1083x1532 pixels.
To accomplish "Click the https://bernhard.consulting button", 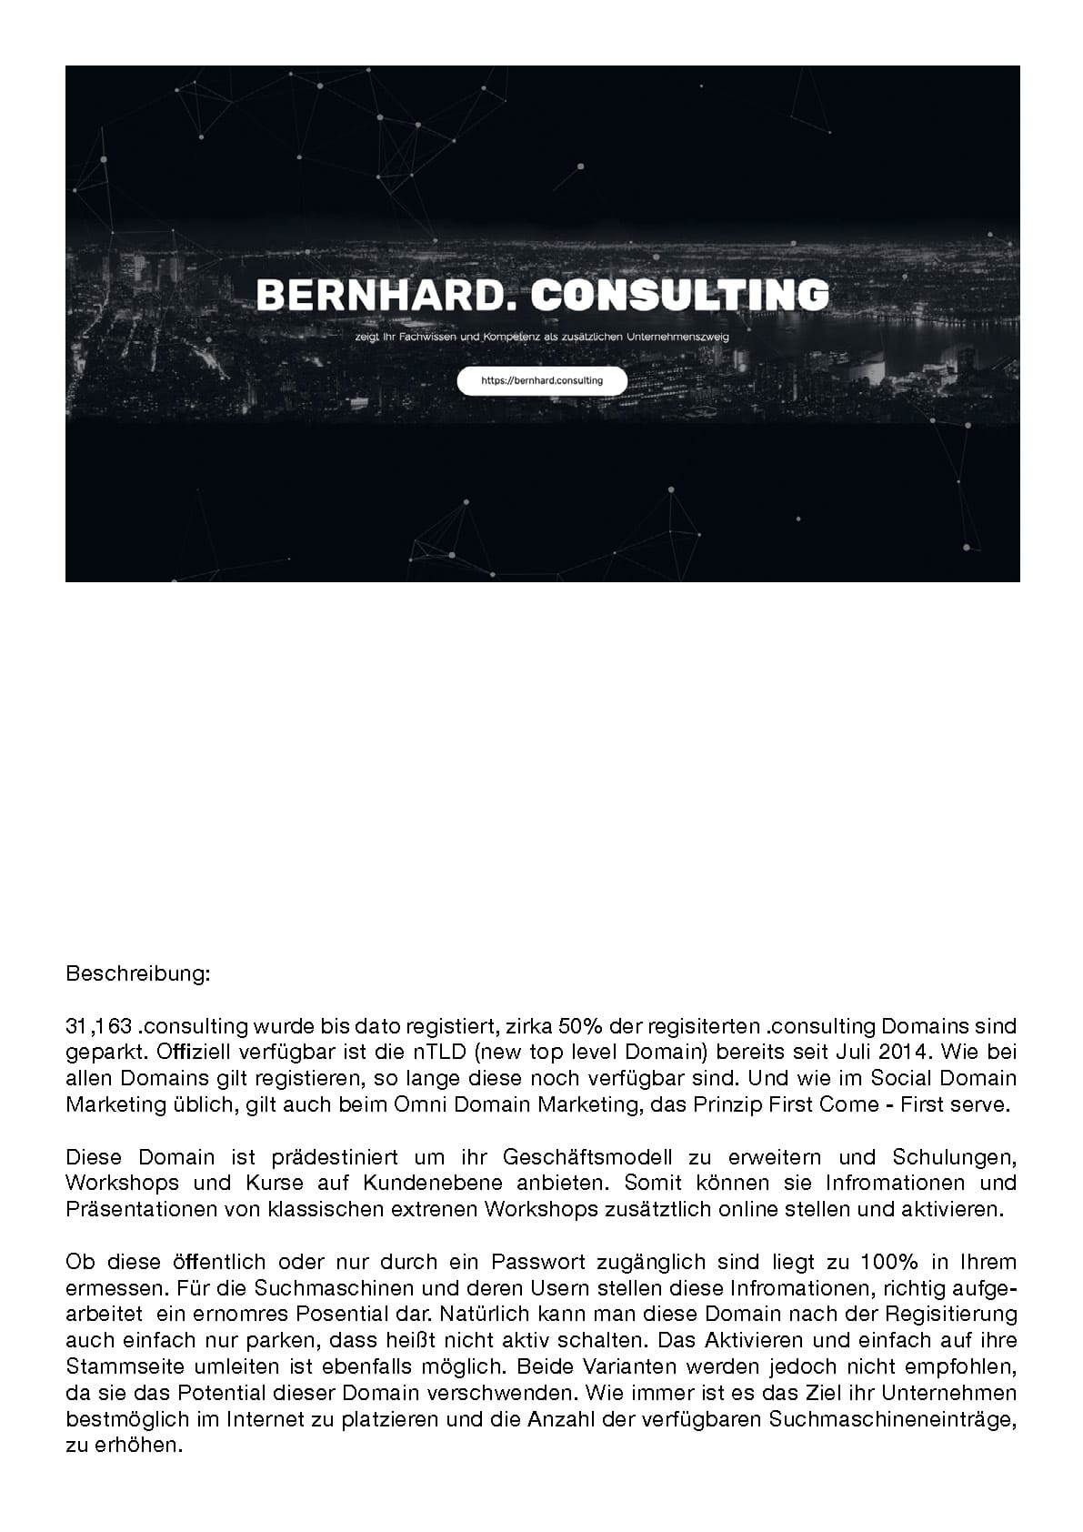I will [542, 380].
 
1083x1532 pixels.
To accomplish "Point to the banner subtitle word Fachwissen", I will [437, 337].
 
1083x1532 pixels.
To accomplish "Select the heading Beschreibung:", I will [138, 974].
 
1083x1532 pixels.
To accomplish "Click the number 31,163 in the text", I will [99, 1026].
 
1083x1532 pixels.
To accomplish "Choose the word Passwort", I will [536, 1263].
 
